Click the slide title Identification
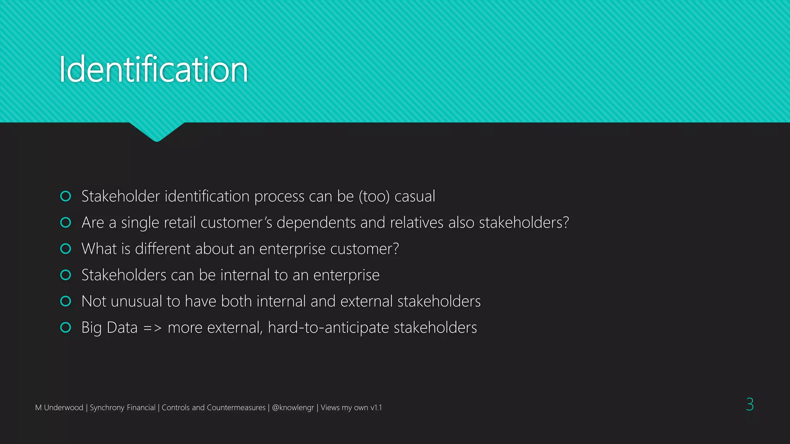tap(153, 70)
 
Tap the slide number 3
tap(749, 404)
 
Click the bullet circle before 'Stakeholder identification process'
tap(66, 196)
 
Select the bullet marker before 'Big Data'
tap(66, 327)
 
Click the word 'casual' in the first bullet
tap(415, 197)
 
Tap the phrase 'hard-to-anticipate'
tap(328, 328)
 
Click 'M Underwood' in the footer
tap(59, 407)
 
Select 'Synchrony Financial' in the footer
tap(122, 407)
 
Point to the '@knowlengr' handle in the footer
tap(293, 407)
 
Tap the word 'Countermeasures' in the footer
tap(236, 407)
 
